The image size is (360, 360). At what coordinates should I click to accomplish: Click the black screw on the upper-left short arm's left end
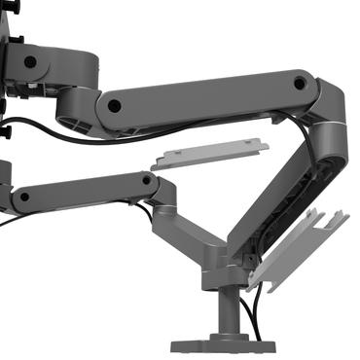(30, 62)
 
